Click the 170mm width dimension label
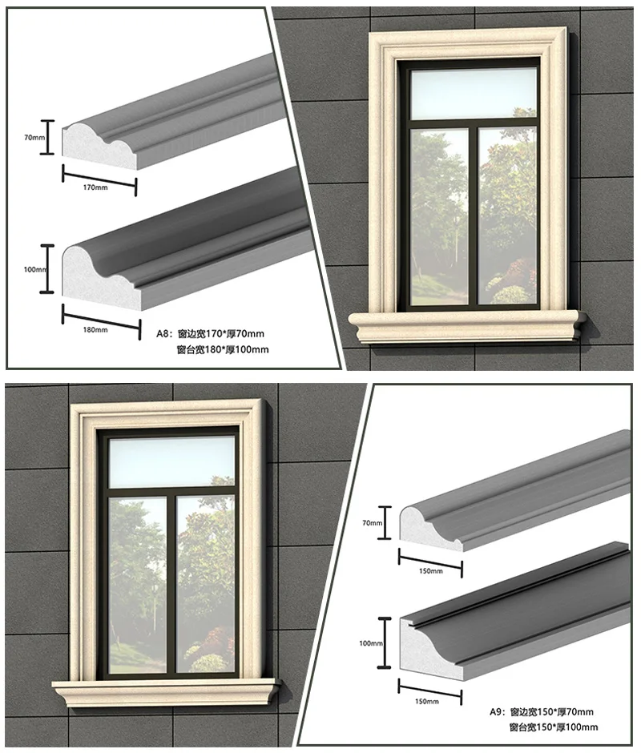[95, 187]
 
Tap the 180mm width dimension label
[96, 329]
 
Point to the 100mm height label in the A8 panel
[34, 270]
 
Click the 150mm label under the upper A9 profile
[430, 571]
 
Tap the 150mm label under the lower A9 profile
[427, 702]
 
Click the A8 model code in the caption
[163, 332]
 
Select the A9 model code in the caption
[497, 711]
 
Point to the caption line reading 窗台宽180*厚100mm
[223, 349]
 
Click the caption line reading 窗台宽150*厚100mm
[553, 727]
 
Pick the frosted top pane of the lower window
[173, 461]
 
